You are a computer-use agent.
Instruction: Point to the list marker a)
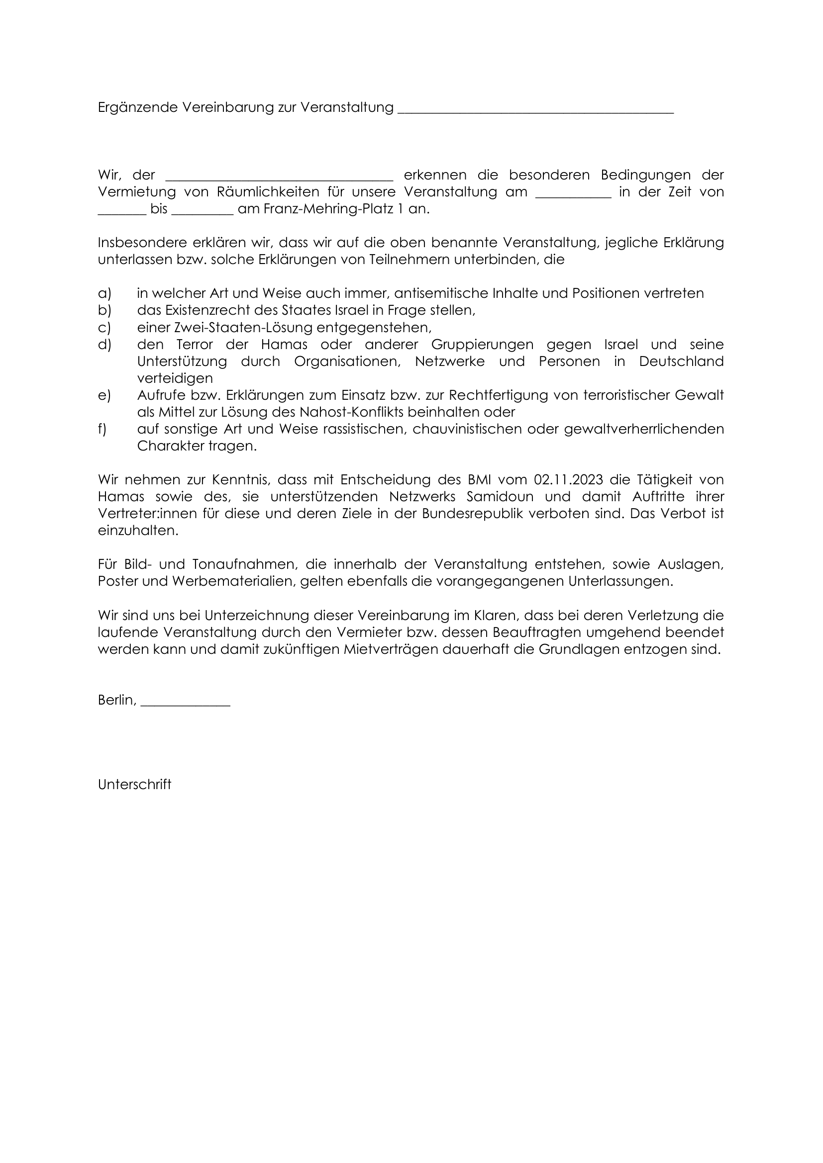(104, 294)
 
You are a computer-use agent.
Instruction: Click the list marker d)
(104, 345)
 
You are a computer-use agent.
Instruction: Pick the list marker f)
(103, 430)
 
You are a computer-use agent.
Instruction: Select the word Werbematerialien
(233, 582)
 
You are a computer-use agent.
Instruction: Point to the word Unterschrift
(135, 785)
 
